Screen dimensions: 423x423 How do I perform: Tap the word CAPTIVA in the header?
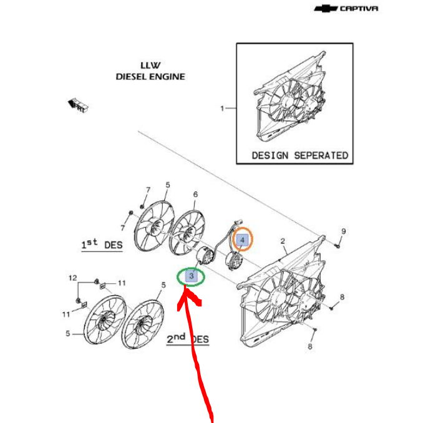tap(359, 9)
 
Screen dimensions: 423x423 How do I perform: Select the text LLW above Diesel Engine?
tap(150, 65)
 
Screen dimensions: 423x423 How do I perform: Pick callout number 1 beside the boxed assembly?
tap(221, 109)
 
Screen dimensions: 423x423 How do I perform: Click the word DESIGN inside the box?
tap(270, 155)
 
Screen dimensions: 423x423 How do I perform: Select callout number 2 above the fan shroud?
tap(282, 241)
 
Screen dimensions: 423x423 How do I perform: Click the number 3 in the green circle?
tap(193, 275)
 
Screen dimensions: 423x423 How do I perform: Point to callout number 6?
tap(195, 195)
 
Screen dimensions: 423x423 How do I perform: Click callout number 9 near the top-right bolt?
tap(343, 232)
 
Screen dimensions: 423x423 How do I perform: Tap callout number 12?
tap(72, 278)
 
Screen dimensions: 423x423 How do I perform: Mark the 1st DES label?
tap(102, 245)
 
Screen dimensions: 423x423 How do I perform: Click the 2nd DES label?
tap(187, 339)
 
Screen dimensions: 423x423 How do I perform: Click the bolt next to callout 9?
tap(336, 245)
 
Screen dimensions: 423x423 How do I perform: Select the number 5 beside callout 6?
tap(167, 185)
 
